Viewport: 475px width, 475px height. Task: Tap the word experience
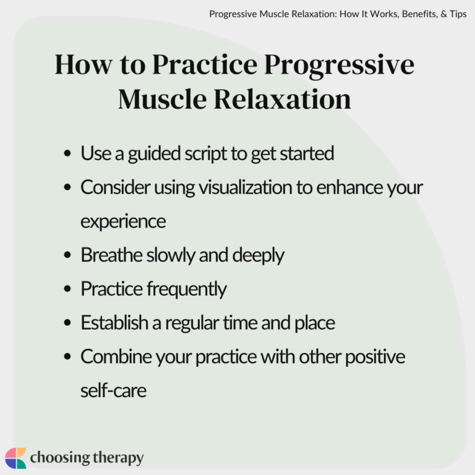click(x=123, y=221)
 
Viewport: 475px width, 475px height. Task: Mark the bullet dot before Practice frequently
click(x=67, y=289)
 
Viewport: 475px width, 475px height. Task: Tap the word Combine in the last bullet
click(x=111, y=356)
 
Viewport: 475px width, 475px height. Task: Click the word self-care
click(x=113, y=390)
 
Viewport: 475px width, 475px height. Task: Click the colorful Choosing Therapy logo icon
click(x=16, y=458)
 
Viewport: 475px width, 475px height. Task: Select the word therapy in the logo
click(x=116, y=458)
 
